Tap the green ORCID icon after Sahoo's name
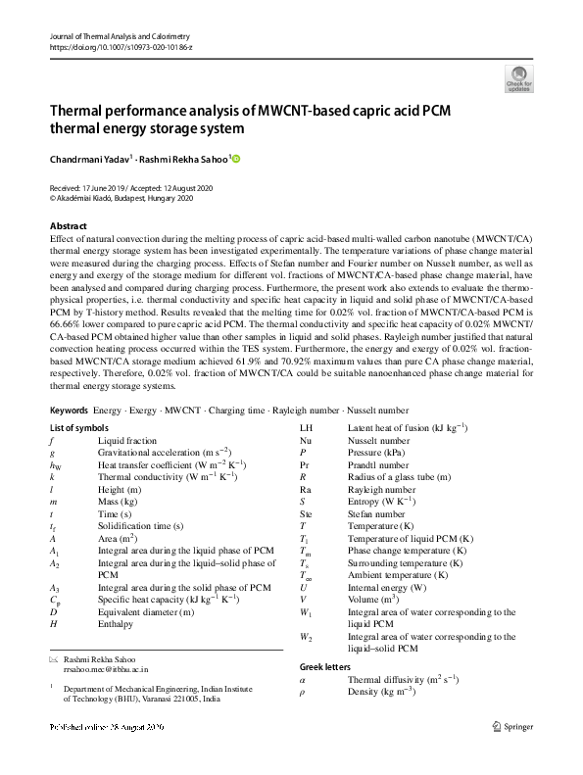(236, 159)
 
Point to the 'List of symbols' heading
(79, 428)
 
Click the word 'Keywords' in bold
(69, 408)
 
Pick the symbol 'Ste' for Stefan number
(306, 513)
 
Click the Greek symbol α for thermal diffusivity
(303, 678)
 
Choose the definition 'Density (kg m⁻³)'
(381, 691)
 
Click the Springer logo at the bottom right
(512, 726)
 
